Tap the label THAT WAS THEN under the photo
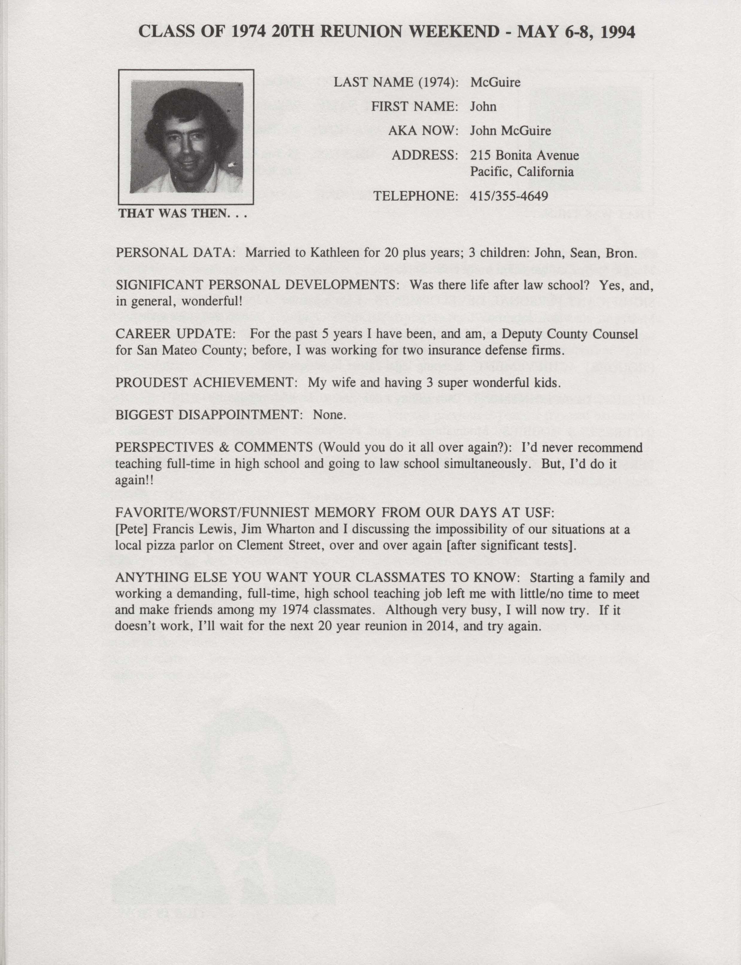[182, 214]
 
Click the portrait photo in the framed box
[186, 137]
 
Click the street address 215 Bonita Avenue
[524, 155]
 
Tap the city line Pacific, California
[522, 172]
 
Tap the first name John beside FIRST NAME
[483, 107]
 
